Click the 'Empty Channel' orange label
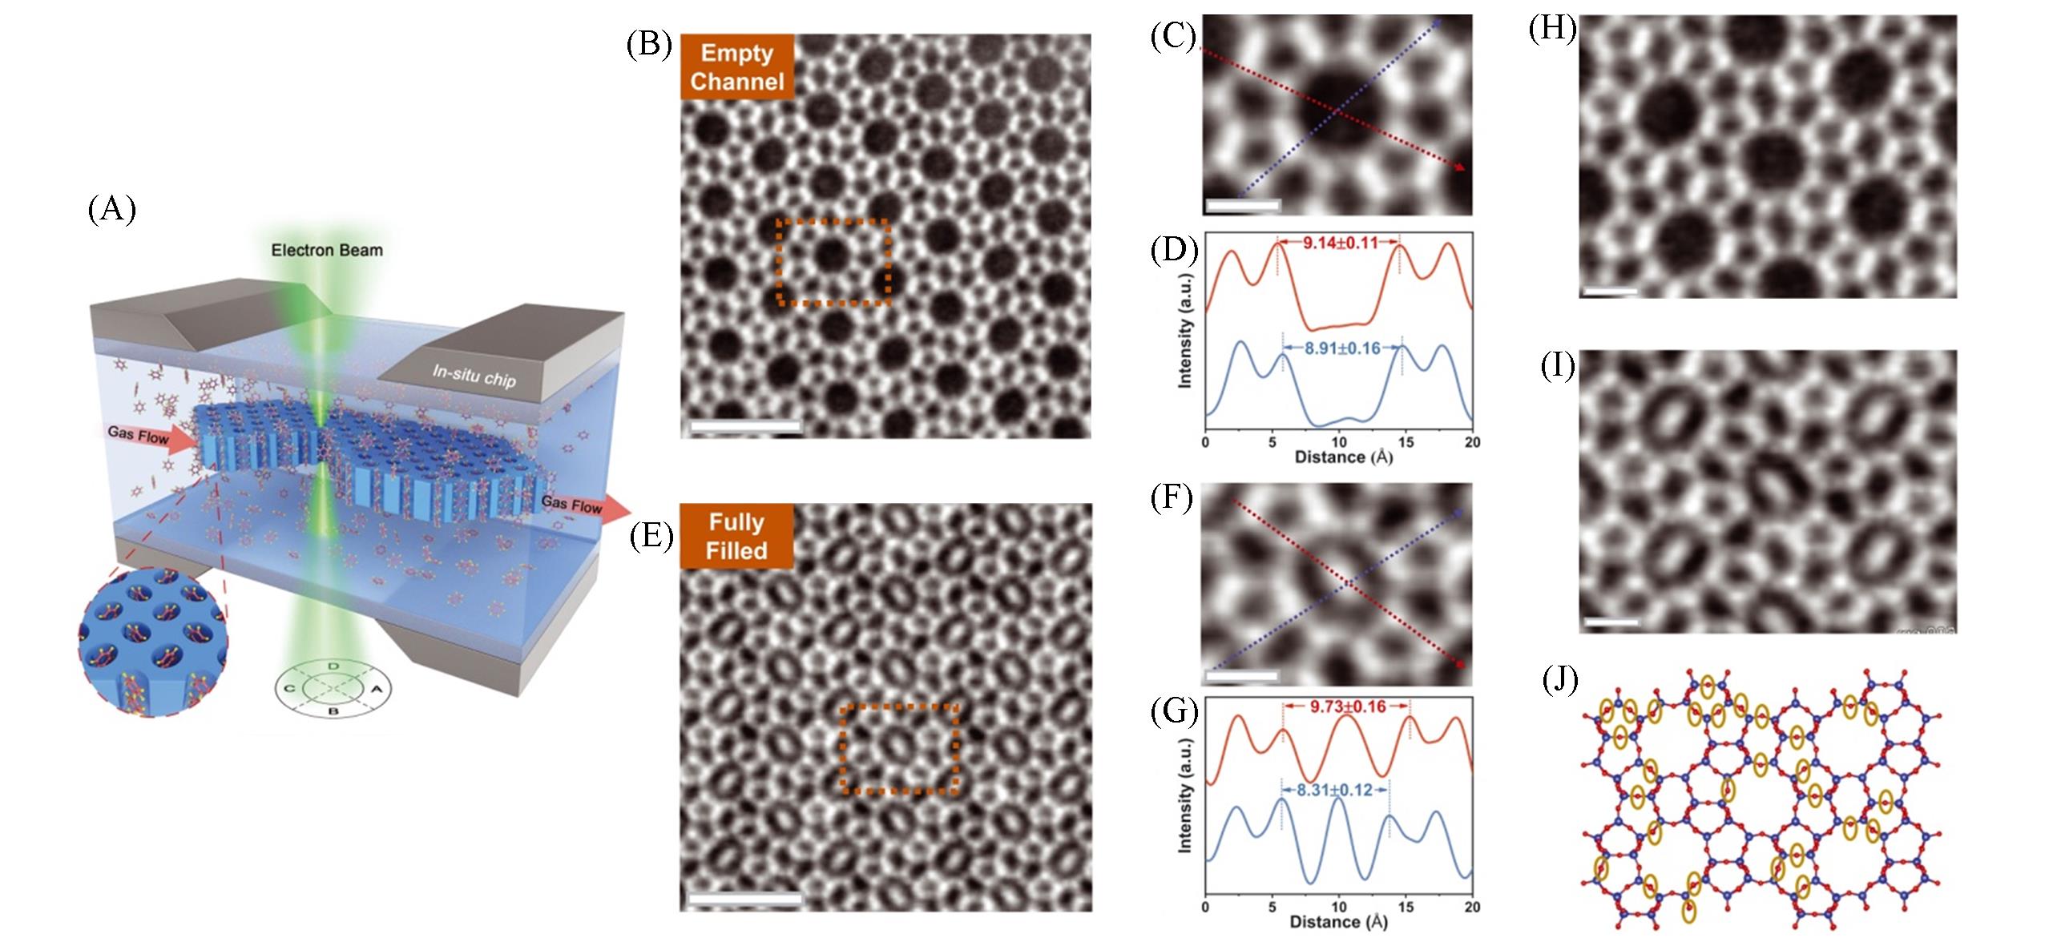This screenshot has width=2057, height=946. point(737,67)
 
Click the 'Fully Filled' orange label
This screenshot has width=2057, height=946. point(737,536)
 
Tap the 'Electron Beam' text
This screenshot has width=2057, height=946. point(327,250)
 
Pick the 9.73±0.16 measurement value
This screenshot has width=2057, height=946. point(1346,707)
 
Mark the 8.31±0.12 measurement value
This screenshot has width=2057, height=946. point(1335,812)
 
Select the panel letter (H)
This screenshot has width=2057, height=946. point(1553,29)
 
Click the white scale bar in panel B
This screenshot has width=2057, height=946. point(745,426)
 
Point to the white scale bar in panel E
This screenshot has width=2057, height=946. point(744,899)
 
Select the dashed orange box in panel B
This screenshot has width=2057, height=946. point(833,262)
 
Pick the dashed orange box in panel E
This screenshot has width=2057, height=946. point(899,749)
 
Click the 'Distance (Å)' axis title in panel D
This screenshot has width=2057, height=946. point(1337,457)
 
